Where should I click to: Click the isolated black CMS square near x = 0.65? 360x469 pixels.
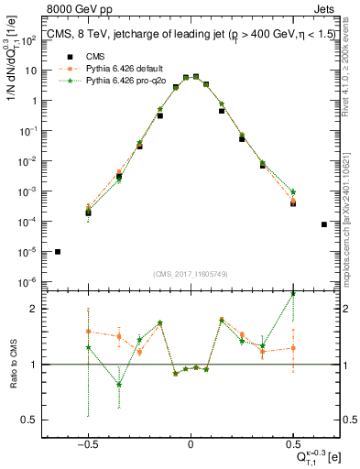[x=324, y=224]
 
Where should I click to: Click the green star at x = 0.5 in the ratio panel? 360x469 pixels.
[x=293, y=293]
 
